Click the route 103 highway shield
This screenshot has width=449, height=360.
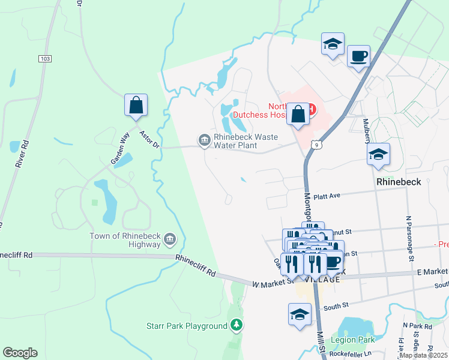coord(44,59)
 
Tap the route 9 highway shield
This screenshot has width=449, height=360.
coord(316,145)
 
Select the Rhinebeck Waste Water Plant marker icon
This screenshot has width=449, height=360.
coord(203,140)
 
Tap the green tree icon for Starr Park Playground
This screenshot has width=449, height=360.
coord(237,326)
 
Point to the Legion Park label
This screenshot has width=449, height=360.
coord(358,340)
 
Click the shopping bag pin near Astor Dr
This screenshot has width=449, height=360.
coord(136,105)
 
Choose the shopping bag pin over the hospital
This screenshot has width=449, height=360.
coord(298,113)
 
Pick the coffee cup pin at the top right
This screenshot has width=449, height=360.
coord(358,56)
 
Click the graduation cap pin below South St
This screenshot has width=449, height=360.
coord(300,314)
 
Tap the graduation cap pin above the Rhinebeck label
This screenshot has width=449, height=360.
coord(379,154)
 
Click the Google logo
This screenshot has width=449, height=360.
coord(20,353)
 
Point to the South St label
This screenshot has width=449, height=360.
coord(336,307)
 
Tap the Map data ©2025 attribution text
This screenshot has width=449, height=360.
coord(423,355)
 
